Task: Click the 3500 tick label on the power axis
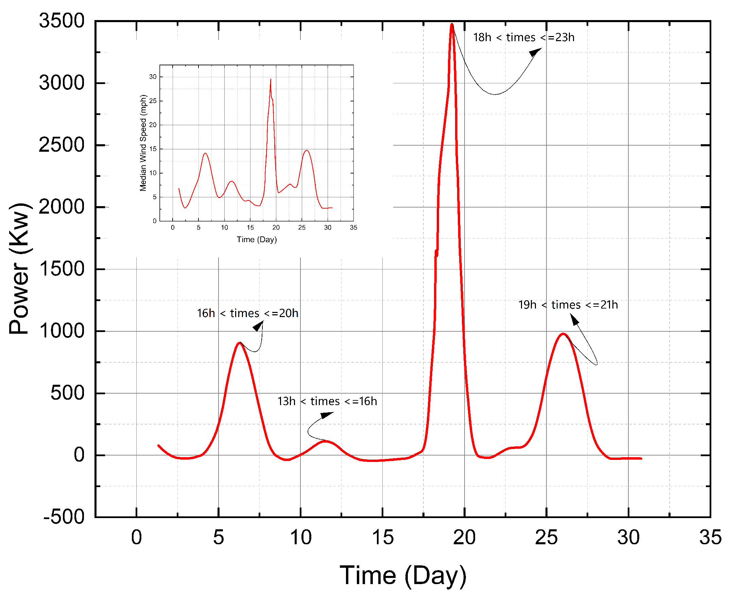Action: pyautogui.click(x=62, y=21)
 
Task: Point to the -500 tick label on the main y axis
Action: pyautogui.click(x=64, y=517)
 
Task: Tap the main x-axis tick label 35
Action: pyautogui.click(x=710, y=537)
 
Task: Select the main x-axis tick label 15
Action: pyautogui.click(x=382, y=537)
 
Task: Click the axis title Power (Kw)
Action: pyautogui.click(x=20, y=268)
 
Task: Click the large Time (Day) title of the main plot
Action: pyautogui.click(x=403, y=575)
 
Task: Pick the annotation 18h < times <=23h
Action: pyautogui.click(x=523, y=37)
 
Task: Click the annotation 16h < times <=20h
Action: pyautogui.click(x=247, y=313)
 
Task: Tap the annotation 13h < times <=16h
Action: pyautogui.click(x=327, y=401)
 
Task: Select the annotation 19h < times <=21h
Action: pyautogui.click(x=568, y=305)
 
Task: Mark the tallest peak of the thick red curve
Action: pyautogui.click(x=452, y=24)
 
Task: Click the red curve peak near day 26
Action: pyautogui.click(x=563, y=334)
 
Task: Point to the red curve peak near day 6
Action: pyautogui.click(x=240, y=343)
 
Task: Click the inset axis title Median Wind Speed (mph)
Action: pyautogui.click(x=143, y=143)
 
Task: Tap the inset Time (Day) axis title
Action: pyautogui.click(x=257, y=239)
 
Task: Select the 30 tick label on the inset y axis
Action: pyautogui.click(x=153, y=77)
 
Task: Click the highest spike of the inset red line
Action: pyautogui.click(x=271, y=80)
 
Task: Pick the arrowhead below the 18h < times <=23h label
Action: pyautogui.click(x=535, y=52)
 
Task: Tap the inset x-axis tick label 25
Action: pyautogui.click(x=302, y=227)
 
